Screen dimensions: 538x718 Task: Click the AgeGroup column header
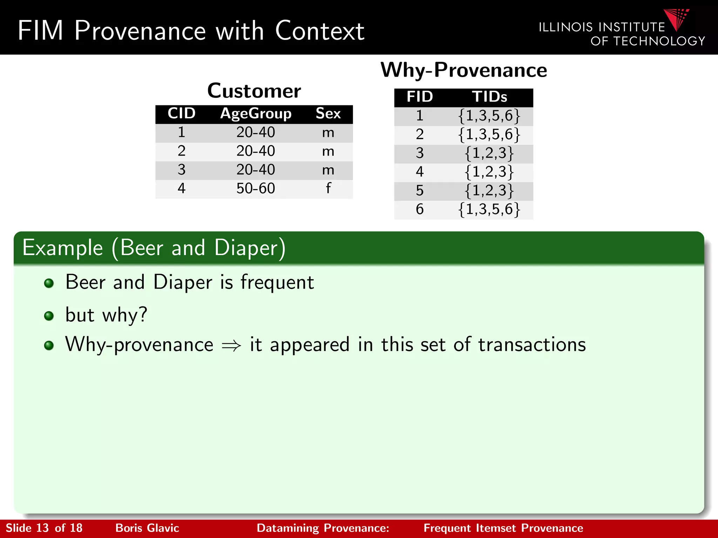(x=256, y=114)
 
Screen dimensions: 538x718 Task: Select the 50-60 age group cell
(x=256, y=188)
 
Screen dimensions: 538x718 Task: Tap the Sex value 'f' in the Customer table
(x=328, y=188)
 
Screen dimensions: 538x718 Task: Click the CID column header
(x=181, y=113)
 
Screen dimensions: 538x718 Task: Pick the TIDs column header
(x=489, y=97)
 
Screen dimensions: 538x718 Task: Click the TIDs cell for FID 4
(x=489, y=172)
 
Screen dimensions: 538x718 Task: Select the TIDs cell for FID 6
(x=489, y=209)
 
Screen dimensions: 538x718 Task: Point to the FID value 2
(x=420, y=134)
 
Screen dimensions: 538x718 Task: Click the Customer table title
(x=254, y=91)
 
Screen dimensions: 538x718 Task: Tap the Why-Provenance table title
(x=463, y=70)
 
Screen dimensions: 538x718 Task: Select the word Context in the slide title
(x=319, y=31)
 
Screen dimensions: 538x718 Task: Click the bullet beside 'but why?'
(x=49, y=316)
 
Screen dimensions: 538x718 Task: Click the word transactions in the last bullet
(x=532, y=345)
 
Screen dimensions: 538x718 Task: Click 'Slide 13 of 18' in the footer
(x=44, y=528)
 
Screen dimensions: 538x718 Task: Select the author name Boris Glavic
(x=147, y=528)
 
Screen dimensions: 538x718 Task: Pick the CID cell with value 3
(x=181, y=170)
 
